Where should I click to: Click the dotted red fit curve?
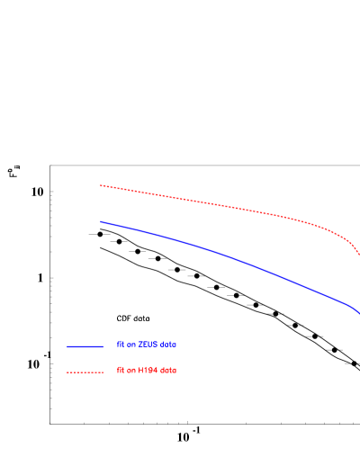click(225, 206)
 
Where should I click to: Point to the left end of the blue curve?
click(101, 221)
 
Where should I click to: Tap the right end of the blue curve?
click(359, 312)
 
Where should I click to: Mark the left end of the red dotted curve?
click(101, 185)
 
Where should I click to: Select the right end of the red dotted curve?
click(359, 254)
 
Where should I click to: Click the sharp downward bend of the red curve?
click(347, 237)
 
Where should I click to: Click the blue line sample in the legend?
click(85, 346)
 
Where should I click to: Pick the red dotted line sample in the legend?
click(85, 372)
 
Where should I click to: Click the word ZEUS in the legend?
click(146, 345)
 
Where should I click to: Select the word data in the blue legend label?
click(168, 345)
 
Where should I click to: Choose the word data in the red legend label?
click(168, 371)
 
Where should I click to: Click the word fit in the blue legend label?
click(120, 345)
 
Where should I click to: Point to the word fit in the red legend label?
click(120, 371)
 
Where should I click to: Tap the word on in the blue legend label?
click(130, 345)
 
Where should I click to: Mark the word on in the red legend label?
click(130, 371)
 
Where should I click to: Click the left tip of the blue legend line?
click(67, 346)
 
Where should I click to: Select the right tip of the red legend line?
click(103, 372)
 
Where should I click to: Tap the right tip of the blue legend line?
click(103, 346)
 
